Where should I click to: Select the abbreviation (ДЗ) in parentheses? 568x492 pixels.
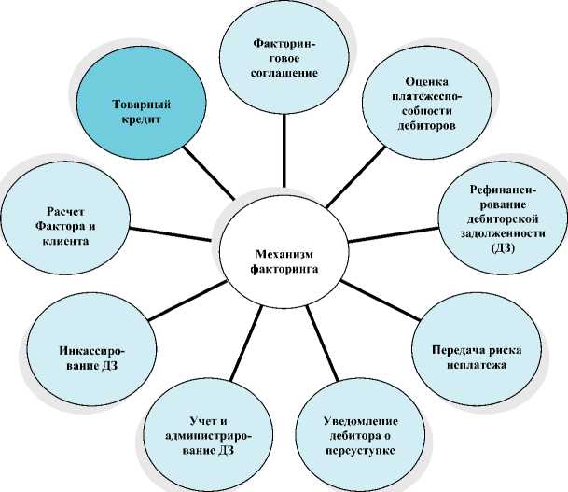click(500, 249)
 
